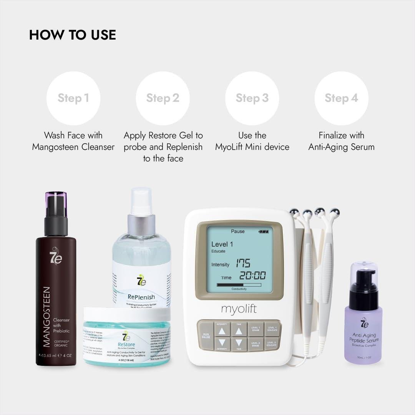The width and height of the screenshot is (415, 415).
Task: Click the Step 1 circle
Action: pos(73,98)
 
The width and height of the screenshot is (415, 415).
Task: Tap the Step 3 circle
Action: pos(252,98)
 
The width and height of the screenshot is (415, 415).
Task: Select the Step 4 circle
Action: pos(341,98)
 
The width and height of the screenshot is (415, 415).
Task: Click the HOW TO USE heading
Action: pos(73,35)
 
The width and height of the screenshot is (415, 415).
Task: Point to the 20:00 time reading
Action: pos(252,276)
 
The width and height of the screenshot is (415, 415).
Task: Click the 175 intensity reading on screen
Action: pos(243,264)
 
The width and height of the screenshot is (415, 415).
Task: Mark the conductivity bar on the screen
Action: pos(239,285)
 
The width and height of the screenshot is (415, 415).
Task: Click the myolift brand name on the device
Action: pos(238,309)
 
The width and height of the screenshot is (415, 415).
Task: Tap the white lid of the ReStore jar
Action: pos(126,314)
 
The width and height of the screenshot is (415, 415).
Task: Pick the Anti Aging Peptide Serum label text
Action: pos(363,338)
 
